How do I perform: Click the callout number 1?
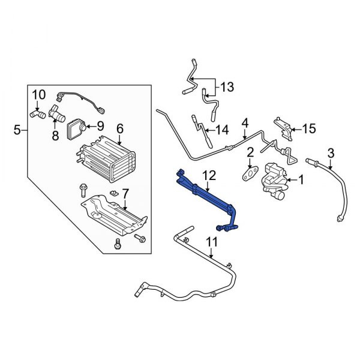[x=301, y=179]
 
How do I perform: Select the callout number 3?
[x=329, y=151]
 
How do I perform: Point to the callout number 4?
[x=245, y=124]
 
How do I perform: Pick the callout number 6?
[x=119, y=128]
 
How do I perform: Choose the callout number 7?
[x=125, y=194]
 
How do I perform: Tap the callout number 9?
[x=100, y=126]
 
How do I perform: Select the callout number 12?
[x=209, y=175]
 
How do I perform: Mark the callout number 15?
[x=308, y=128]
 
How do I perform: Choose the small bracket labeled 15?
[x=283, y=126]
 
